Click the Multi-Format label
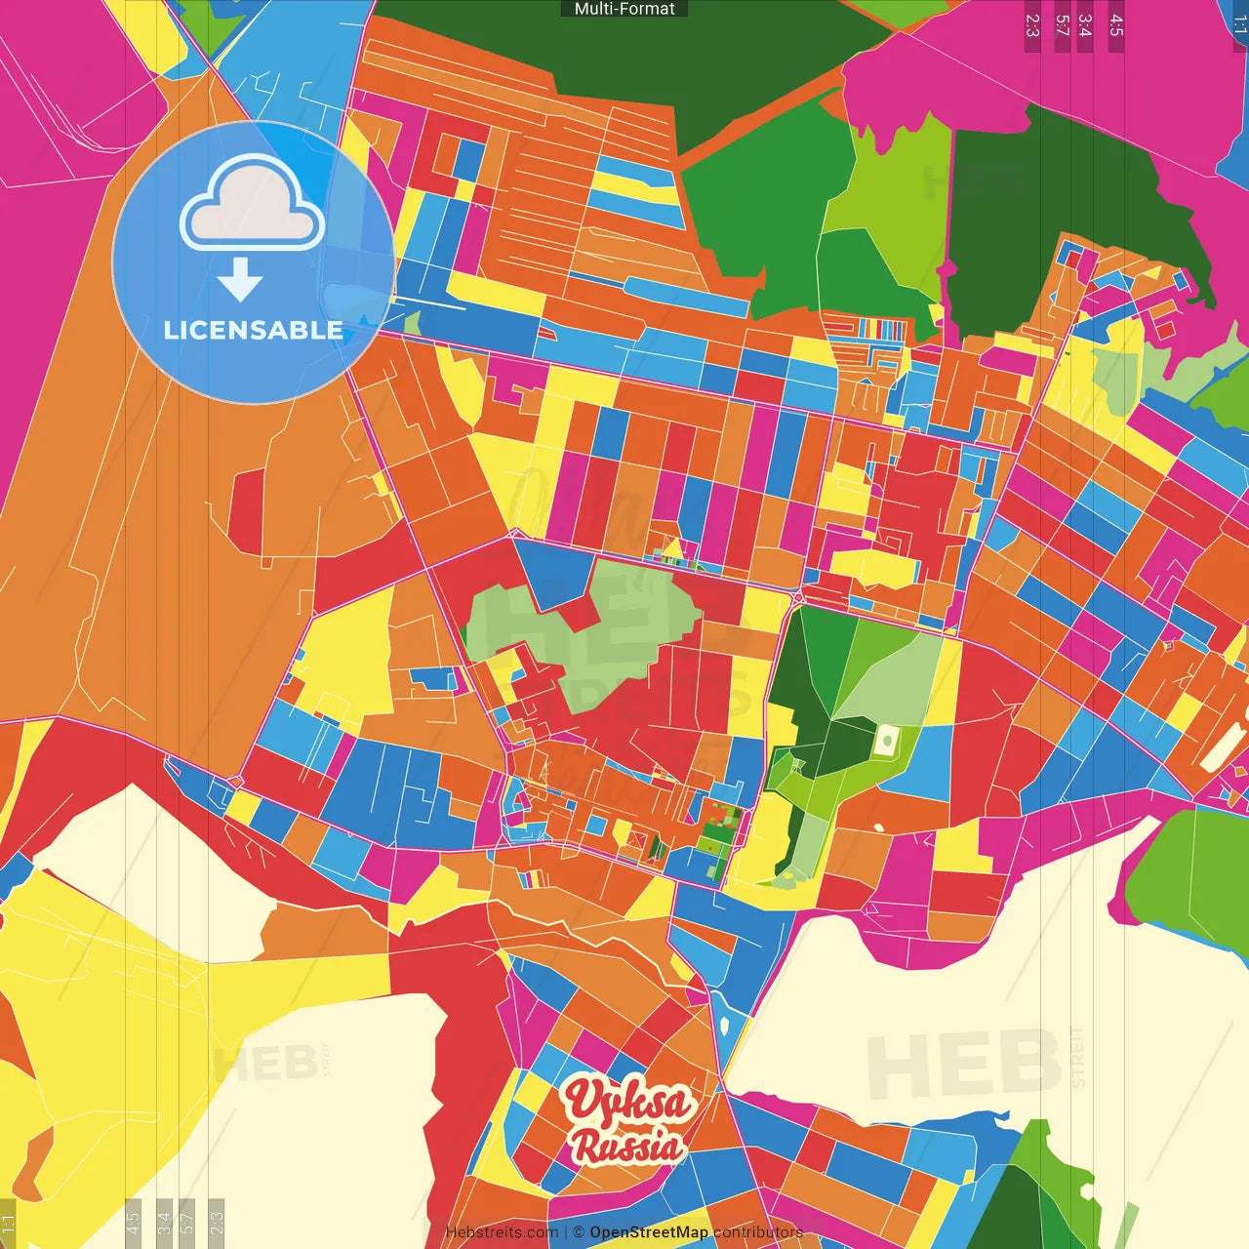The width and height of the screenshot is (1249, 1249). coord(624,9)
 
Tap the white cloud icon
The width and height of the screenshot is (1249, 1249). coord(253,206)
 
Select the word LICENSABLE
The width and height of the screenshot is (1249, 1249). coord(253,331)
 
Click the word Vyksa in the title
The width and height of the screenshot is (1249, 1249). coord(629,1101)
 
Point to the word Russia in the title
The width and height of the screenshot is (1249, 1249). coord(627,1146)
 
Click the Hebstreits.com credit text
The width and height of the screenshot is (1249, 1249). coord(502,1233)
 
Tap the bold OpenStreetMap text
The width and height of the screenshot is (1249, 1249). coord(649,1233)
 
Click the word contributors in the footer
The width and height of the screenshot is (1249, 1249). coord(758,1233)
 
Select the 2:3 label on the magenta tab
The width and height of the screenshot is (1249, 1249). coord(1032,25)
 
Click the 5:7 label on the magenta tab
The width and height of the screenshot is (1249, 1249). coord(1062,25)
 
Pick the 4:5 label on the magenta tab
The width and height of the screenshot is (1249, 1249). coord(1116,25)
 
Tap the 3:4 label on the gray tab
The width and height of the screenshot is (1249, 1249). coord(164,1223)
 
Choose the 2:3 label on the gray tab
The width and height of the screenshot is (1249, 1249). coord(217,1223)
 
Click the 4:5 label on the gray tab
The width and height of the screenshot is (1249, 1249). coord(134,1223)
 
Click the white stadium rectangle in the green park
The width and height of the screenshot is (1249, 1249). coord(886,741)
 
